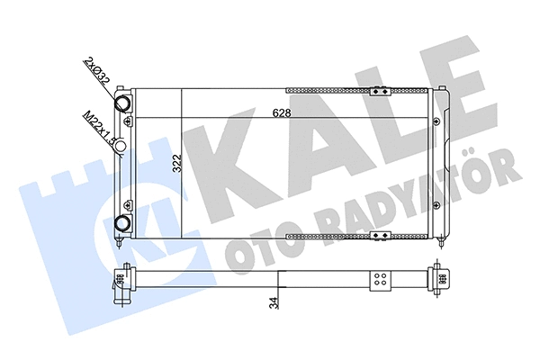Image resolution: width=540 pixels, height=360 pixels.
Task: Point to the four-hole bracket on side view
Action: coord(381,280)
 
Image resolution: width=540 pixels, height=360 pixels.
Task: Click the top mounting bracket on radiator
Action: coord(382,89)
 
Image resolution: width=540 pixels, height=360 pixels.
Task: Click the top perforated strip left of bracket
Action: coord(328,90)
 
